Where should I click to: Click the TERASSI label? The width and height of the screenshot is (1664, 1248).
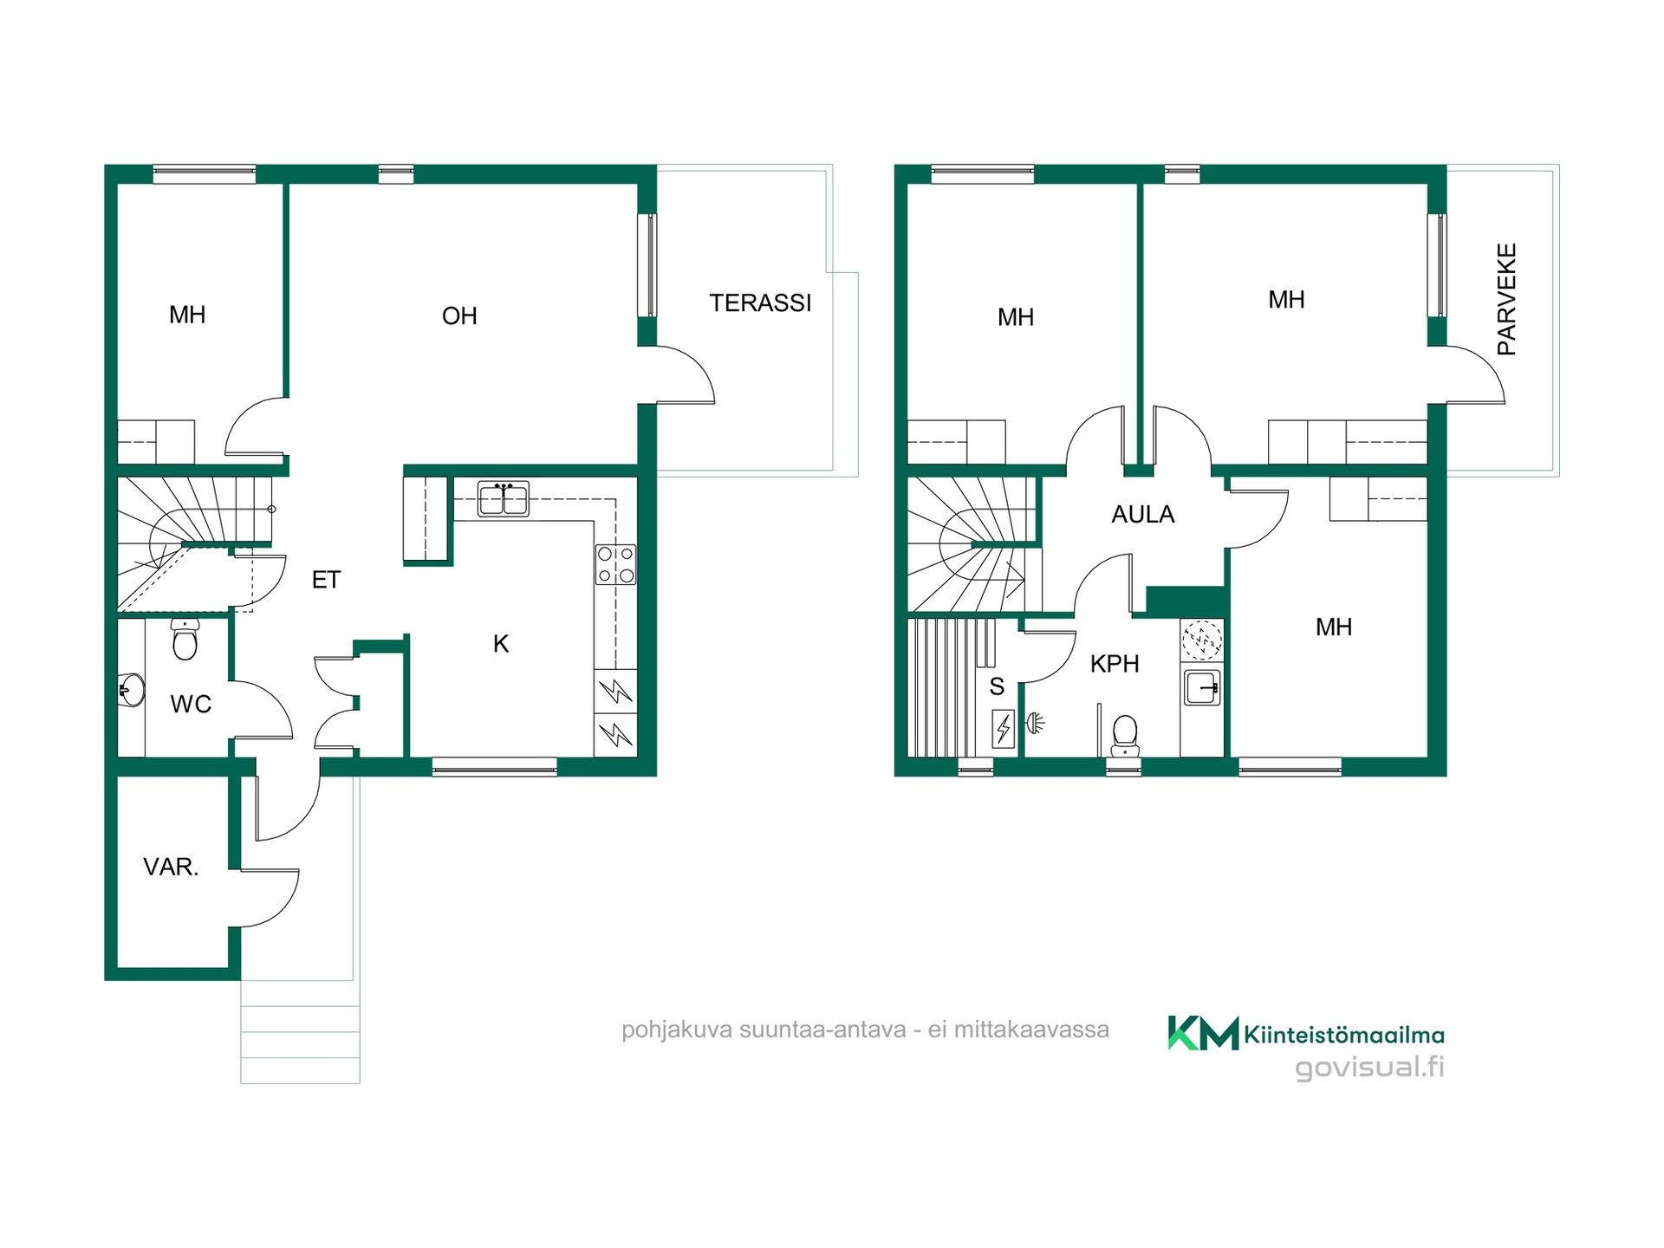tap(760, 302)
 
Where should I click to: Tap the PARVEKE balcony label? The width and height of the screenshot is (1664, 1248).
tap(1507, 299)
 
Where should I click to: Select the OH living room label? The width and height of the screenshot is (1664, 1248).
tap(459, 315)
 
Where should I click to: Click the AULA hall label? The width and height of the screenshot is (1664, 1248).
tap(1142, 514)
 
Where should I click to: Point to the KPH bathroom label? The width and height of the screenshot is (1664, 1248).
tap(1115, 664)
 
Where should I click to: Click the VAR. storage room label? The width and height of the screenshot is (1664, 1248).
tap(171, 867)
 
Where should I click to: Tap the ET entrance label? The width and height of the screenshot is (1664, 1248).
tap(326, 580)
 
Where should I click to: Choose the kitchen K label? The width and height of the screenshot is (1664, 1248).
tap(501, 644)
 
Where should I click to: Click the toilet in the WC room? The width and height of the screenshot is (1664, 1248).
tap(185, 639)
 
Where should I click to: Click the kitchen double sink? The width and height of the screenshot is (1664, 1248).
tap(503, 499)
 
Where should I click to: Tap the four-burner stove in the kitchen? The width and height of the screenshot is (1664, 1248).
tap(615, 564)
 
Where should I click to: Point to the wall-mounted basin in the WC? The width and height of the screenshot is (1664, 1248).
tap(132, 691)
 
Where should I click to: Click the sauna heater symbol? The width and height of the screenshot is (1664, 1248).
tap(1004, 729)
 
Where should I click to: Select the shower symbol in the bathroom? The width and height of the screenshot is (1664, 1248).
tap(1036, 722)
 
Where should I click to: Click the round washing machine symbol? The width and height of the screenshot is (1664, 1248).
tap(1202, 640)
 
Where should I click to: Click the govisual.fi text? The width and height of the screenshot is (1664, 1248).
tap(1369, 1067)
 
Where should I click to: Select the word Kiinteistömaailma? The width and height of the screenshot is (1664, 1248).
tap(1344, 1035)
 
